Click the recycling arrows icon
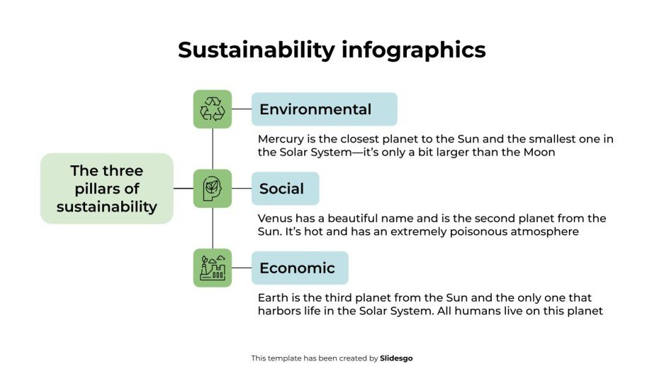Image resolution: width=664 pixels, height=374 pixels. (x=213, y=109)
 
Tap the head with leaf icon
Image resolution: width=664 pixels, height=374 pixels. (x=213, y=188)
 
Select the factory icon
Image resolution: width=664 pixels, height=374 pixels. (x=213, y=268)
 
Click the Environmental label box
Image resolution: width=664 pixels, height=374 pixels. (x=324, y=109)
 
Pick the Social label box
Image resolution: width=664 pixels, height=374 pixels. (x=285, y=189)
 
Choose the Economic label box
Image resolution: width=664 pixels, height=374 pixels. (x=300, y=268)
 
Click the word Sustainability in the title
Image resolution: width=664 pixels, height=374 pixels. (x=255, y=50)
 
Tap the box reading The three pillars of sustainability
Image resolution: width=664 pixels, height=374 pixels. (x=106, y=189)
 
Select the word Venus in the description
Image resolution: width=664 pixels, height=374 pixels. (x=275, y=218)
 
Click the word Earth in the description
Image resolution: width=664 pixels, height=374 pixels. (x=273, y=297)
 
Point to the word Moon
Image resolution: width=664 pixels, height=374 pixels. (x=538, y=152)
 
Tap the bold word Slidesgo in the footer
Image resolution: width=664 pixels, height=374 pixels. (x=396, y=358)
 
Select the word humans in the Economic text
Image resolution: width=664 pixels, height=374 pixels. (x=498, y=311)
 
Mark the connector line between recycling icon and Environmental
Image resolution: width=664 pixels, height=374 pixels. (x=242, y=109)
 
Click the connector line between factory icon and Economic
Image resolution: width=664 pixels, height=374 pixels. (x=242, y=268)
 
